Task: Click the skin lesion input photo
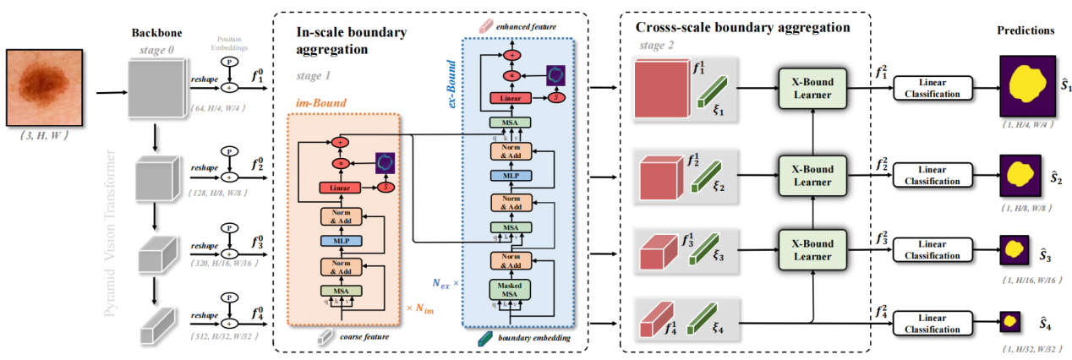45,84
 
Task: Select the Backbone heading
152,32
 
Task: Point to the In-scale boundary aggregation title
352,41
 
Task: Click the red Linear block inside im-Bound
340,187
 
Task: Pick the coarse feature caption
361,335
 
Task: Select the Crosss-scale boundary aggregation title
742,27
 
